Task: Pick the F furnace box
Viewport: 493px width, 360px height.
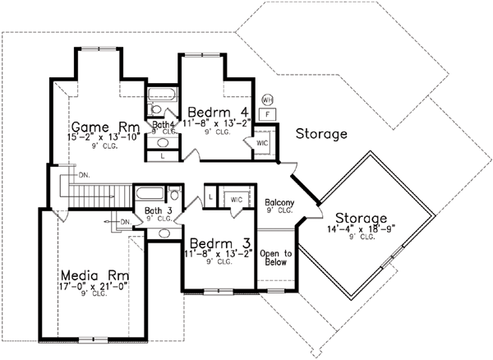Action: pos(268,113)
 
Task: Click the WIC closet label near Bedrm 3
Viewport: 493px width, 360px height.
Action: pos(236,199)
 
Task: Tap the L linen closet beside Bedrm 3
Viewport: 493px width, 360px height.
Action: pos(210,197)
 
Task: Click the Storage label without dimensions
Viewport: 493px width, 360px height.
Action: pos(320,133)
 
